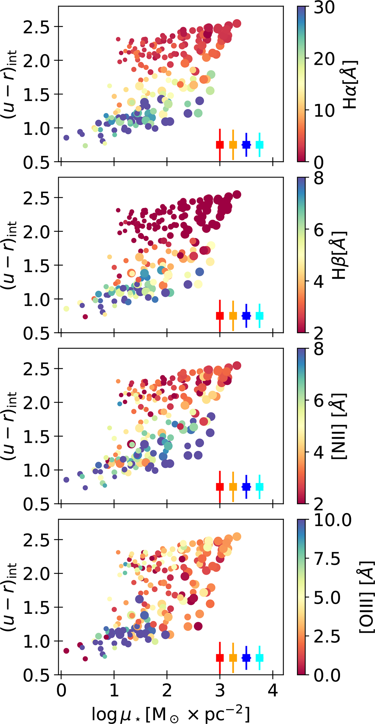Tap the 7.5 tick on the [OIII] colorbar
327,559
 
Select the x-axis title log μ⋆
171,712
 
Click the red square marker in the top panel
220,144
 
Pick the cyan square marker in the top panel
260,144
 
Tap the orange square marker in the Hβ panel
233,316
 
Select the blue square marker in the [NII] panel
246,487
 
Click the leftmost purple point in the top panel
66,138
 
